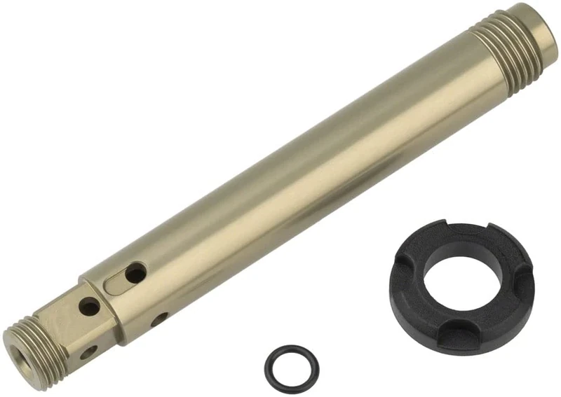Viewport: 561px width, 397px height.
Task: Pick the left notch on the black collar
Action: (x=405, y=269)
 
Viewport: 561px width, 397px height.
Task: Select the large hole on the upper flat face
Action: (x=89, y=305)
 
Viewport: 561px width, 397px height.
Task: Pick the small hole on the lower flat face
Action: (x=88, y=352)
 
